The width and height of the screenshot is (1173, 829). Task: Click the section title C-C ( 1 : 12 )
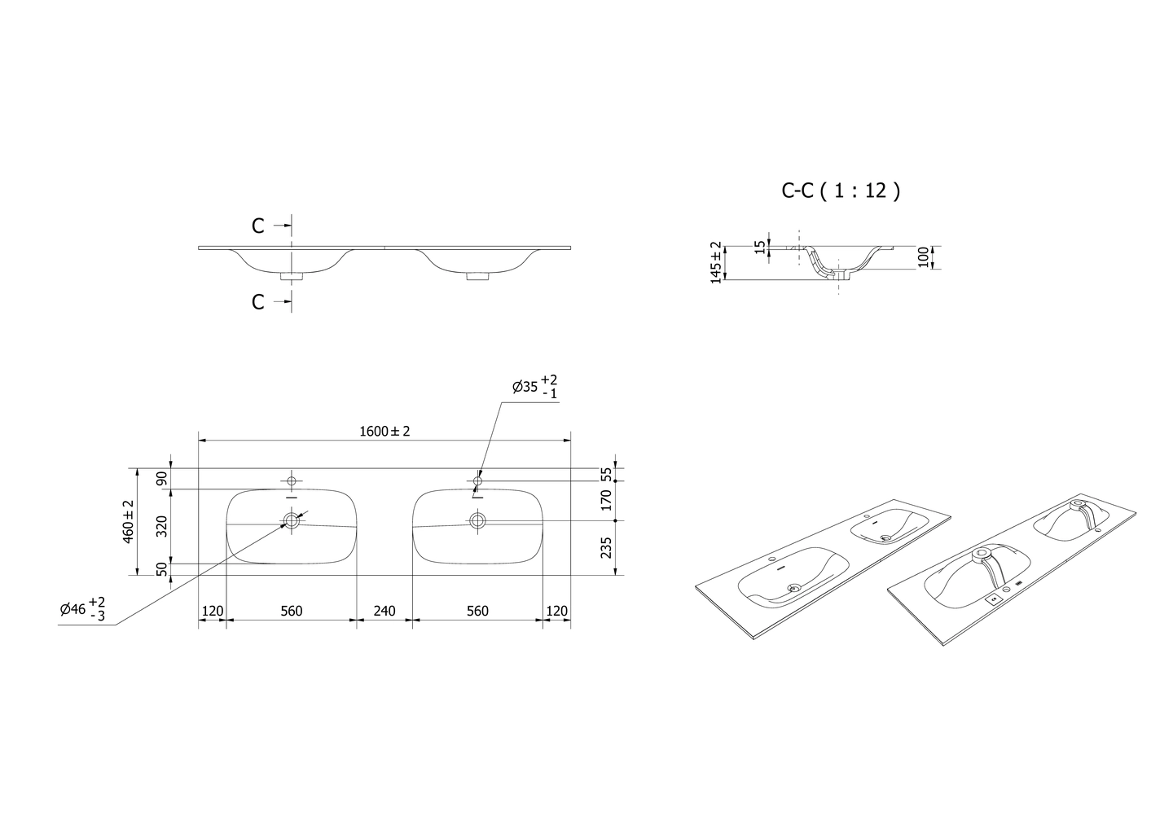tap(840, 191)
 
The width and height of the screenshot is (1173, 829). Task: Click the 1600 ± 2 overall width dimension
tap(384, 432)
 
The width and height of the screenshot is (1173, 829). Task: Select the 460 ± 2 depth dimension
tap(129, 521)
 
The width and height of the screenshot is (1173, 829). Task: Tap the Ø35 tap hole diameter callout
tap(534, 387)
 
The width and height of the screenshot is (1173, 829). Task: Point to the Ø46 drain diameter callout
tap(82, 608)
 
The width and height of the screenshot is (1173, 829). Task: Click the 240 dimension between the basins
tap(384, 611)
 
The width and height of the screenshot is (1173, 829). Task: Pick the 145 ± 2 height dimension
tap(716, 261)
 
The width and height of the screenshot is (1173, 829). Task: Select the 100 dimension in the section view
tap(923, 257)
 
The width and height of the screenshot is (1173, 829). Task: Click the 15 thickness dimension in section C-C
tap(760, 247)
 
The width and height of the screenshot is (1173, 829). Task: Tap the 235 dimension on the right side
tap(605, 548)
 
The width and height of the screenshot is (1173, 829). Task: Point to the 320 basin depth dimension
tap(161, 526)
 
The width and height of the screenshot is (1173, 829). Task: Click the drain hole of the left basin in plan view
tap(292, 520)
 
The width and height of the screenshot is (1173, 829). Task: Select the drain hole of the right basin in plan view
tap(477, 520)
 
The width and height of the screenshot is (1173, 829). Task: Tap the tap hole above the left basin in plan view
tap(292, 481)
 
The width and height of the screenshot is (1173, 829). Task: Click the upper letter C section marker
tap(258, 226)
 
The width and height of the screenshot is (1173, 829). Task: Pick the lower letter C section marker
tap(258, 302)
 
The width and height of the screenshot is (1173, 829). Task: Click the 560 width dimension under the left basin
tap(291, 611)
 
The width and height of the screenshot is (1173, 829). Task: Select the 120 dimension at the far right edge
tap(557, 611)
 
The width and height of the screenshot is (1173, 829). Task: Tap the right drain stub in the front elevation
tap(477, 277)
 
